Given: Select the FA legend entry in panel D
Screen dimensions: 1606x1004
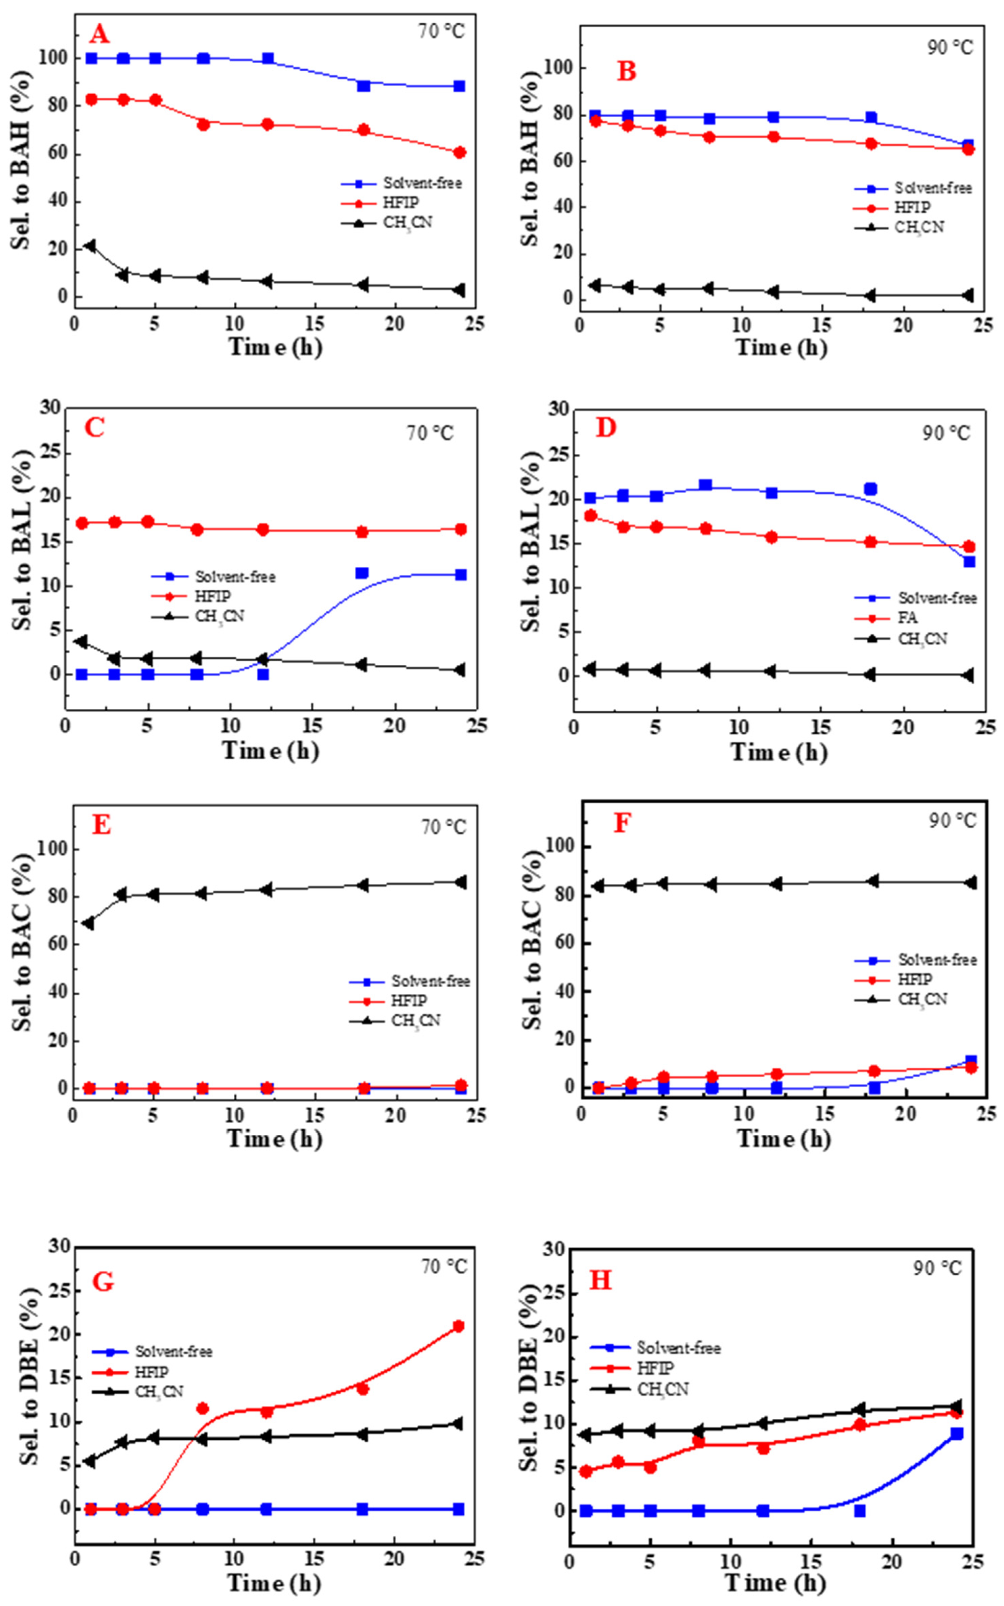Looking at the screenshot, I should pyautogui.click(x=908, y=618).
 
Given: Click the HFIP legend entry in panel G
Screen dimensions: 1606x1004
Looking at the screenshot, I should pyautogui.click(x=151, y=1372).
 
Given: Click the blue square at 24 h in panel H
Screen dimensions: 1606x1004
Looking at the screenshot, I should pyautogui.click(x=956, y=1434).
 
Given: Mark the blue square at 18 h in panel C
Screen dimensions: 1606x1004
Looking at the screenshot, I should pyautogui.click(x=362, y=573).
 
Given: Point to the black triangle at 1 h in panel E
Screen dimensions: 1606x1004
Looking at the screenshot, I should pyautogui.click(x=88, y=923).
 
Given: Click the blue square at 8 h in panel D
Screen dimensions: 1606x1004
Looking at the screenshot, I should pyautogui.click(x=705, y=485).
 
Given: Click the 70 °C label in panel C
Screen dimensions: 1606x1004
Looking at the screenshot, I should pyautogui.click(x=429, y=433).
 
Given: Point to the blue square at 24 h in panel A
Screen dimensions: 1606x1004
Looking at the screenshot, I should pyautogui.click(x=459, y=86).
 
